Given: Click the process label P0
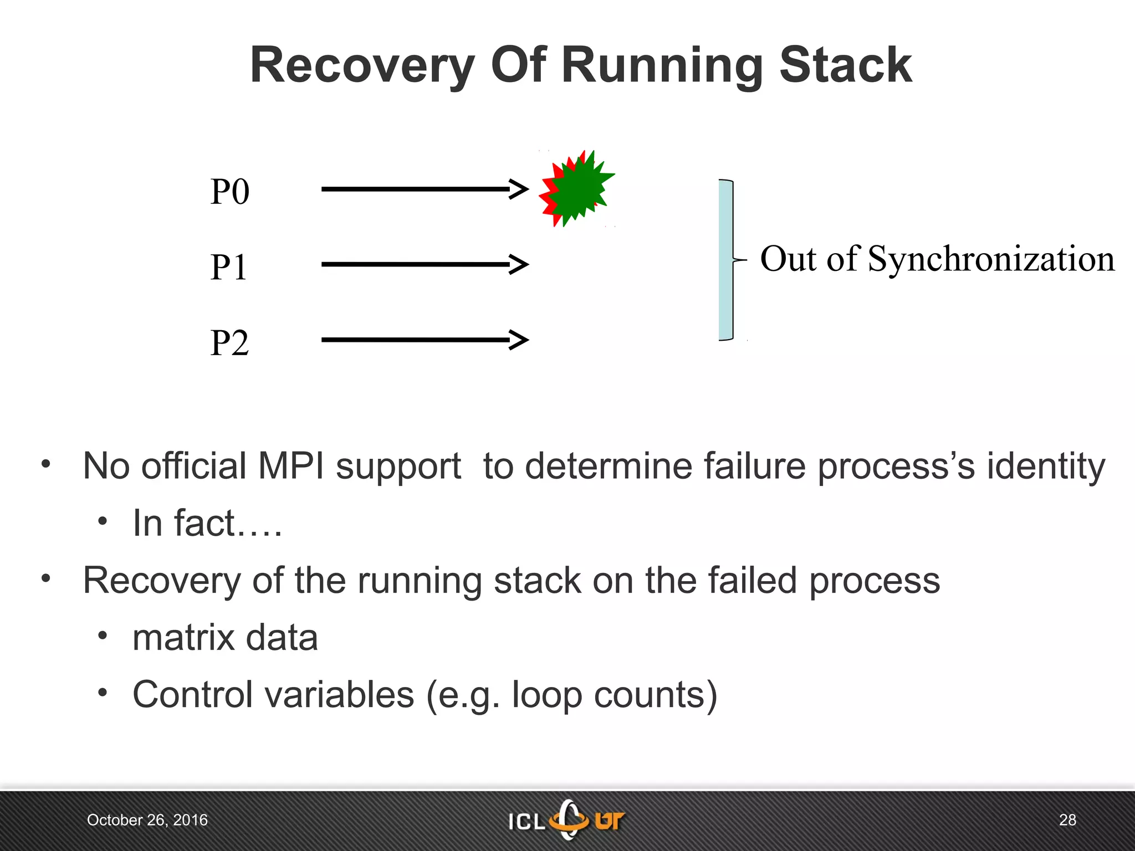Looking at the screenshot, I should (229, 192).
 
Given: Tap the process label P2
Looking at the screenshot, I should (229, 343).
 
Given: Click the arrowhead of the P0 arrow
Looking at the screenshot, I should (520, 189).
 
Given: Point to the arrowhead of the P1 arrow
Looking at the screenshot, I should (520, 264).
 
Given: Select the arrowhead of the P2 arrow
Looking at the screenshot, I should (520, 340).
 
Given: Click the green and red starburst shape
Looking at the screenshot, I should (577, 189).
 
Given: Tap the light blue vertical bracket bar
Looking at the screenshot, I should (725, 260).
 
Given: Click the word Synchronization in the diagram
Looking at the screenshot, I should (991, 259).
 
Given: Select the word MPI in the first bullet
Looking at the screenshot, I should (291, 466).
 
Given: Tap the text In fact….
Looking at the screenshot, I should (207, 524).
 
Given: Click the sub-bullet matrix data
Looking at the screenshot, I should (225, 638).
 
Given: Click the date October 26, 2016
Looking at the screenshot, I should (147, 820).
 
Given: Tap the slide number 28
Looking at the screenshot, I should (1067, 820).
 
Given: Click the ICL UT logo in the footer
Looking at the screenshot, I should (567, 820).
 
